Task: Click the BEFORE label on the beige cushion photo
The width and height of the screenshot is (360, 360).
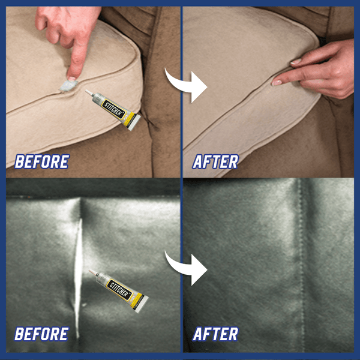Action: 42,161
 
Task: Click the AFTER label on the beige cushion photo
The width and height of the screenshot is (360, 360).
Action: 215,161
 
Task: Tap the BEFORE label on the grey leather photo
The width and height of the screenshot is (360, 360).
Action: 41,334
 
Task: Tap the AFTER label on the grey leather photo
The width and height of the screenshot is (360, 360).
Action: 215,334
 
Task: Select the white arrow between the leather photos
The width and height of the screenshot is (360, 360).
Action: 188,269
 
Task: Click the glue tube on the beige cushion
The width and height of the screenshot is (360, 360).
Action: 113,110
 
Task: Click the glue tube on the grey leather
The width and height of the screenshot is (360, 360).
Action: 119,291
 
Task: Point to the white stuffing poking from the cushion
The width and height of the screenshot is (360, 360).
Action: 68,86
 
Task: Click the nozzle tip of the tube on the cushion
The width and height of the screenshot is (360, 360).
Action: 86,91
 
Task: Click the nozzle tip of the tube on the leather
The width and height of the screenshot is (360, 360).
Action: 90,271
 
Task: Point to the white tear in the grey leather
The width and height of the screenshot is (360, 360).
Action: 78,278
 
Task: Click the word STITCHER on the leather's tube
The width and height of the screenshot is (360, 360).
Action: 119,290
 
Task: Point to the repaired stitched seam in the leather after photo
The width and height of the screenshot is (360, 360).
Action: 301,264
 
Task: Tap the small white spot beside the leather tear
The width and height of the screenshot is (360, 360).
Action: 84,305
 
